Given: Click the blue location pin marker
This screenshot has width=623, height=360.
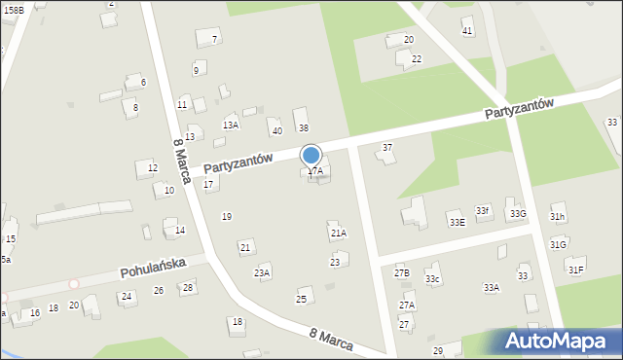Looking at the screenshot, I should coord(311,157).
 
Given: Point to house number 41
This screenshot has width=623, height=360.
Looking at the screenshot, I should coord(467,31).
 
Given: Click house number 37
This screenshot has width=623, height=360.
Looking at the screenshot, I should coord(386,148).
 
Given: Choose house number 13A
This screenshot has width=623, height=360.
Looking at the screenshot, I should coord(230,125).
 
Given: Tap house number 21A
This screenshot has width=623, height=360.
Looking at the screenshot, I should coord(338,234).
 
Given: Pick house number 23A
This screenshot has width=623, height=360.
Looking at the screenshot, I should coord(262,272).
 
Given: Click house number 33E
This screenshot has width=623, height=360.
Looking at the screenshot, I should coord(457,222).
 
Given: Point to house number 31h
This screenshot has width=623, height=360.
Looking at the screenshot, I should coord(557,216).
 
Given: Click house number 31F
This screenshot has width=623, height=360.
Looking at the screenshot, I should coord(576,270).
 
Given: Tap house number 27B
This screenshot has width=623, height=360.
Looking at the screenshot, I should coord(402,273).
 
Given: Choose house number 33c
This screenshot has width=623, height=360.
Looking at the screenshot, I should coord(432,280).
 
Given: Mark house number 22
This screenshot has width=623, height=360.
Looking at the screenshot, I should coord(416,59).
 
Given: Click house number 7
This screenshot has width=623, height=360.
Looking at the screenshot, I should coord(214,40).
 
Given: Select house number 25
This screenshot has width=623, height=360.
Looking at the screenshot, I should coord(302,299).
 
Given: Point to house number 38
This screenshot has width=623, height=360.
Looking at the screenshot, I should coord(303,128).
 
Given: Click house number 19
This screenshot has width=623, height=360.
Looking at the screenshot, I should coord(226,216).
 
